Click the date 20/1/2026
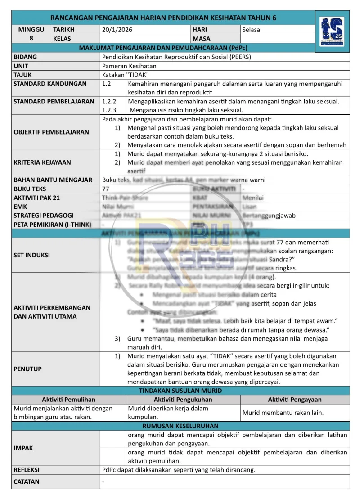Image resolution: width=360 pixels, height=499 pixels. pyautogui.click(x=117, y=30)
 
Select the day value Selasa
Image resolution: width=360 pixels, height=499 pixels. pyautogui.click(x=251, y=30)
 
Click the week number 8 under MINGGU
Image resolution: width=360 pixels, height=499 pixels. pyautogui.click(x=31, y=39)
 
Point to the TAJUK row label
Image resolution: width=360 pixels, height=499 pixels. pyautogui.click(x=23, y=75)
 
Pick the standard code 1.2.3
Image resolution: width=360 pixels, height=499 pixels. pyautogui.click(x=109, y=110)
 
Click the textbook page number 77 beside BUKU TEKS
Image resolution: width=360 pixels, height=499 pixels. pyautogui.click(x=106, y=189)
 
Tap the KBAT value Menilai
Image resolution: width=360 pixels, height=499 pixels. pyautogui.click(x=253, y=198)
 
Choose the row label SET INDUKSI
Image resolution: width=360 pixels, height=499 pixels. pyautogui.click(x=32, y=255)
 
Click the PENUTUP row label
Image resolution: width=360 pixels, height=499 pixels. pyautogui.click(x=28, y=369)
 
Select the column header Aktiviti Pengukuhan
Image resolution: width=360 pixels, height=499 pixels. pyautogui.click(x=183, y=400)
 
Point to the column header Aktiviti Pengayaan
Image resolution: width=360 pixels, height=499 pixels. pyautogui.click(x=295, y=400)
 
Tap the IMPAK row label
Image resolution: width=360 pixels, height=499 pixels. pyautogui.click(x=23, y=448)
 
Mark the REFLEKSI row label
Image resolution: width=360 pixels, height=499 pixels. pyautogui.click(x=27, y=470)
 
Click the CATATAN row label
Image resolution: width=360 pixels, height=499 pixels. pyautogui.click(x=27, y=481)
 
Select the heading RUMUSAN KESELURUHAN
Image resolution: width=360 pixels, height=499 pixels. pyautogui.click(x=180, y=426)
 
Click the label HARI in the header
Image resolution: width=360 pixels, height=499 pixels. pyautogui.click(x=200, y=30)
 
